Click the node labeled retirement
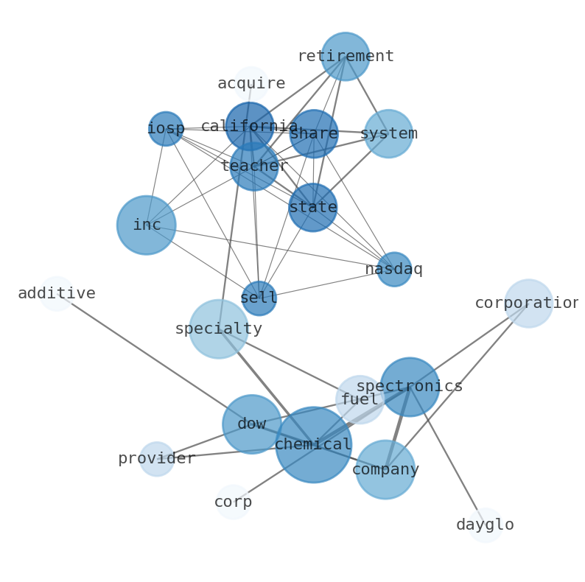tap(345, 57)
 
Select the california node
tap(250, 126)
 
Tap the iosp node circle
tap(166, 129)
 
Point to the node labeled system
tap(388, 134)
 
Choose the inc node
tap(147, 225)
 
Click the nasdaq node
tap(394, 270)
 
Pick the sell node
tap(259, 298)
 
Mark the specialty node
tap(219, 329)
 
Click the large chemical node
tap(314, 445)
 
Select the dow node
tap(252, 424)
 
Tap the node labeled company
tap(385, 469)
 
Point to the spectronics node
tap(410, 387)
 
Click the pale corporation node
tap(528, 304)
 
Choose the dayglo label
tap(485, 525)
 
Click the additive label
tap(57, 294)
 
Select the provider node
tap(157, 459)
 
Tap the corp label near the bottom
tap(233, 502)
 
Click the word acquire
tap(251, 84)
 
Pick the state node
tap(313, 208)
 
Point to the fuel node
tap(360, 400)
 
